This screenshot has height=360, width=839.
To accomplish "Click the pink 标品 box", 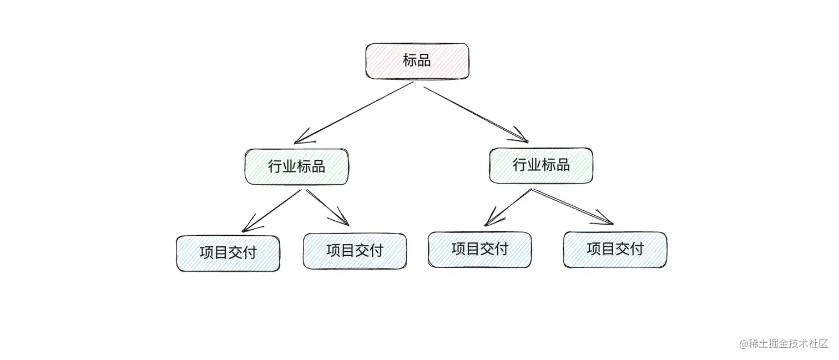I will click(417, 61).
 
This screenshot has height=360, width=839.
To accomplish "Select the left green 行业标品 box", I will click(297, 166).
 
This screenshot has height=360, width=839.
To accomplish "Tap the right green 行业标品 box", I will click(541, 165).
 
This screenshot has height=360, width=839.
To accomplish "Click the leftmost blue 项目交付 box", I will click(228, 253).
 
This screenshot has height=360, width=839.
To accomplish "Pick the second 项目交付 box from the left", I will click(355, 251).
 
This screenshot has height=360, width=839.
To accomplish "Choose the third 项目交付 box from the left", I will click(479, 249).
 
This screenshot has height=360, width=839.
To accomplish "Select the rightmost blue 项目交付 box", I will click(615, 249).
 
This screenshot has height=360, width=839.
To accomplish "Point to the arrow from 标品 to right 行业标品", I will click(474, 114).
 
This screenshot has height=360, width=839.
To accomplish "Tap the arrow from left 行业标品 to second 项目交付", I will click(327, 207).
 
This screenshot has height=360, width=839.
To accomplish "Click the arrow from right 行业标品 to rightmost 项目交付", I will click(572, 206).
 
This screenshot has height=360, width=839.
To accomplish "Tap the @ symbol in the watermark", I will click(744, 343).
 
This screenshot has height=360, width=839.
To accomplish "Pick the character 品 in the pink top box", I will click(424, 61).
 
